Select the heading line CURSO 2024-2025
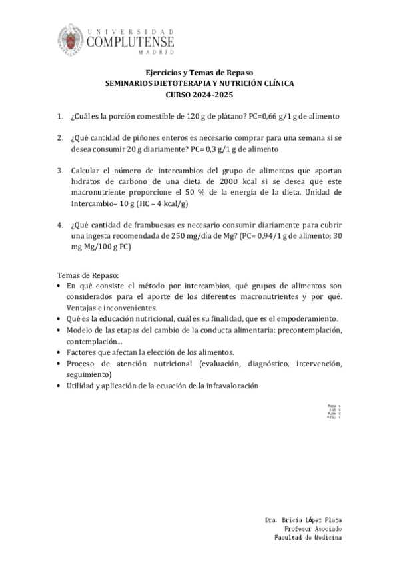[x=199, y=95]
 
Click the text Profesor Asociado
[x=313, y=528]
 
